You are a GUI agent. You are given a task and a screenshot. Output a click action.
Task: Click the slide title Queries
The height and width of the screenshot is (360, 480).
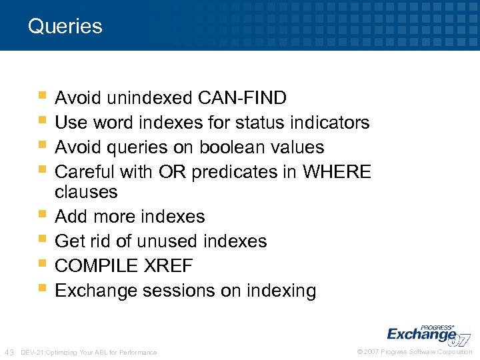65,27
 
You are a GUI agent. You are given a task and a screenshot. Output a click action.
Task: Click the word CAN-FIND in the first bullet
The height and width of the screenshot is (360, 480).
243,99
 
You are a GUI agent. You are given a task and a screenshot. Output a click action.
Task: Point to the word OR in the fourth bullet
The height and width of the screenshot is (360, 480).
172,172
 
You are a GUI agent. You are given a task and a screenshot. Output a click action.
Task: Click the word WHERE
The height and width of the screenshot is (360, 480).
336,172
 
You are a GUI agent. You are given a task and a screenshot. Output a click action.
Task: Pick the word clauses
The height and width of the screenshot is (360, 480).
86,193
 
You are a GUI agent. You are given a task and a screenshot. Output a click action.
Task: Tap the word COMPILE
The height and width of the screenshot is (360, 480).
96,266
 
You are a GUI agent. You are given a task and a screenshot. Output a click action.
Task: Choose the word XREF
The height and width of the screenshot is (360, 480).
168,266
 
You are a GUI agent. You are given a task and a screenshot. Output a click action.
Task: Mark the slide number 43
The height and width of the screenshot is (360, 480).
10,352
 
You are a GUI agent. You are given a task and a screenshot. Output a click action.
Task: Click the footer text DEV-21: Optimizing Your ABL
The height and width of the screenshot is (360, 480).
89,352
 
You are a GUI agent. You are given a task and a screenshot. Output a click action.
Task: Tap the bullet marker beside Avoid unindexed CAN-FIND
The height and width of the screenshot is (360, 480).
43,97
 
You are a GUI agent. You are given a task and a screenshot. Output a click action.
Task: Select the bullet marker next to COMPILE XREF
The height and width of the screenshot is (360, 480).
43,265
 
